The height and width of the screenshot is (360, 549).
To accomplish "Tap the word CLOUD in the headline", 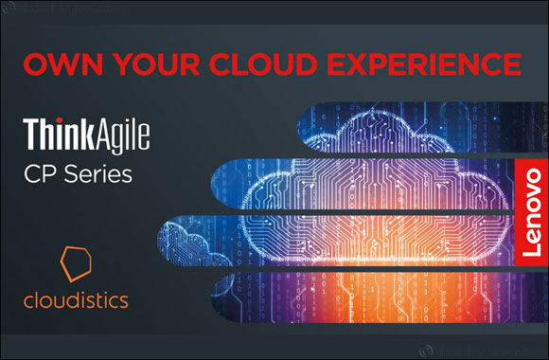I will [256, 65].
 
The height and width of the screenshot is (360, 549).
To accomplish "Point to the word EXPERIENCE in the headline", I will [421, 65].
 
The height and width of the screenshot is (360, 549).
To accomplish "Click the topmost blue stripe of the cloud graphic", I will [416, 122].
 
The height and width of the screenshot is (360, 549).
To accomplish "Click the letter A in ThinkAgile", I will [106, 130].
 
